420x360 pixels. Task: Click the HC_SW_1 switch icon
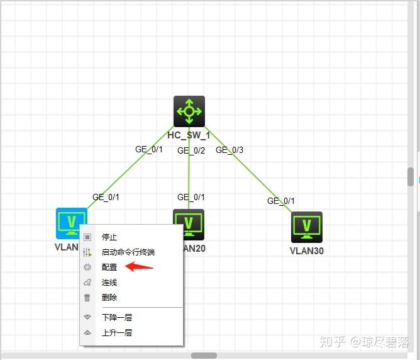click(189, 111)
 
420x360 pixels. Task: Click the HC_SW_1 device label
click(189, 135)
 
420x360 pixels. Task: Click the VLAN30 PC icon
click(307, 227)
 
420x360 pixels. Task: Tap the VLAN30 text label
click(307, 251)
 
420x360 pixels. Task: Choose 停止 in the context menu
click(109, 237)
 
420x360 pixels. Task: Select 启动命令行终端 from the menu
click(128, 252)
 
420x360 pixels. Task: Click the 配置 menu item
click(109, 267)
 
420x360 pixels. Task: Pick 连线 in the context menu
click(109, 283)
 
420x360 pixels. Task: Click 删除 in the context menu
click(109, 298)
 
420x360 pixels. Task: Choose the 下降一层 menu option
click(117, 318)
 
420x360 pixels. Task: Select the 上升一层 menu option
click(117, 333)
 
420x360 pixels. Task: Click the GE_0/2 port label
click(191, 150)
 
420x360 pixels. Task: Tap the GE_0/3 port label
click(229, 150)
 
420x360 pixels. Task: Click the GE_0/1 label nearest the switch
click(149, 149)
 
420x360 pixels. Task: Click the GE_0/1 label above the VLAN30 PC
click(281, 201)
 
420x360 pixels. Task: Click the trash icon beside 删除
click(87, 298)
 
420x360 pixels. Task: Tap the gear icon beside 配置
click(87, 267)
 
